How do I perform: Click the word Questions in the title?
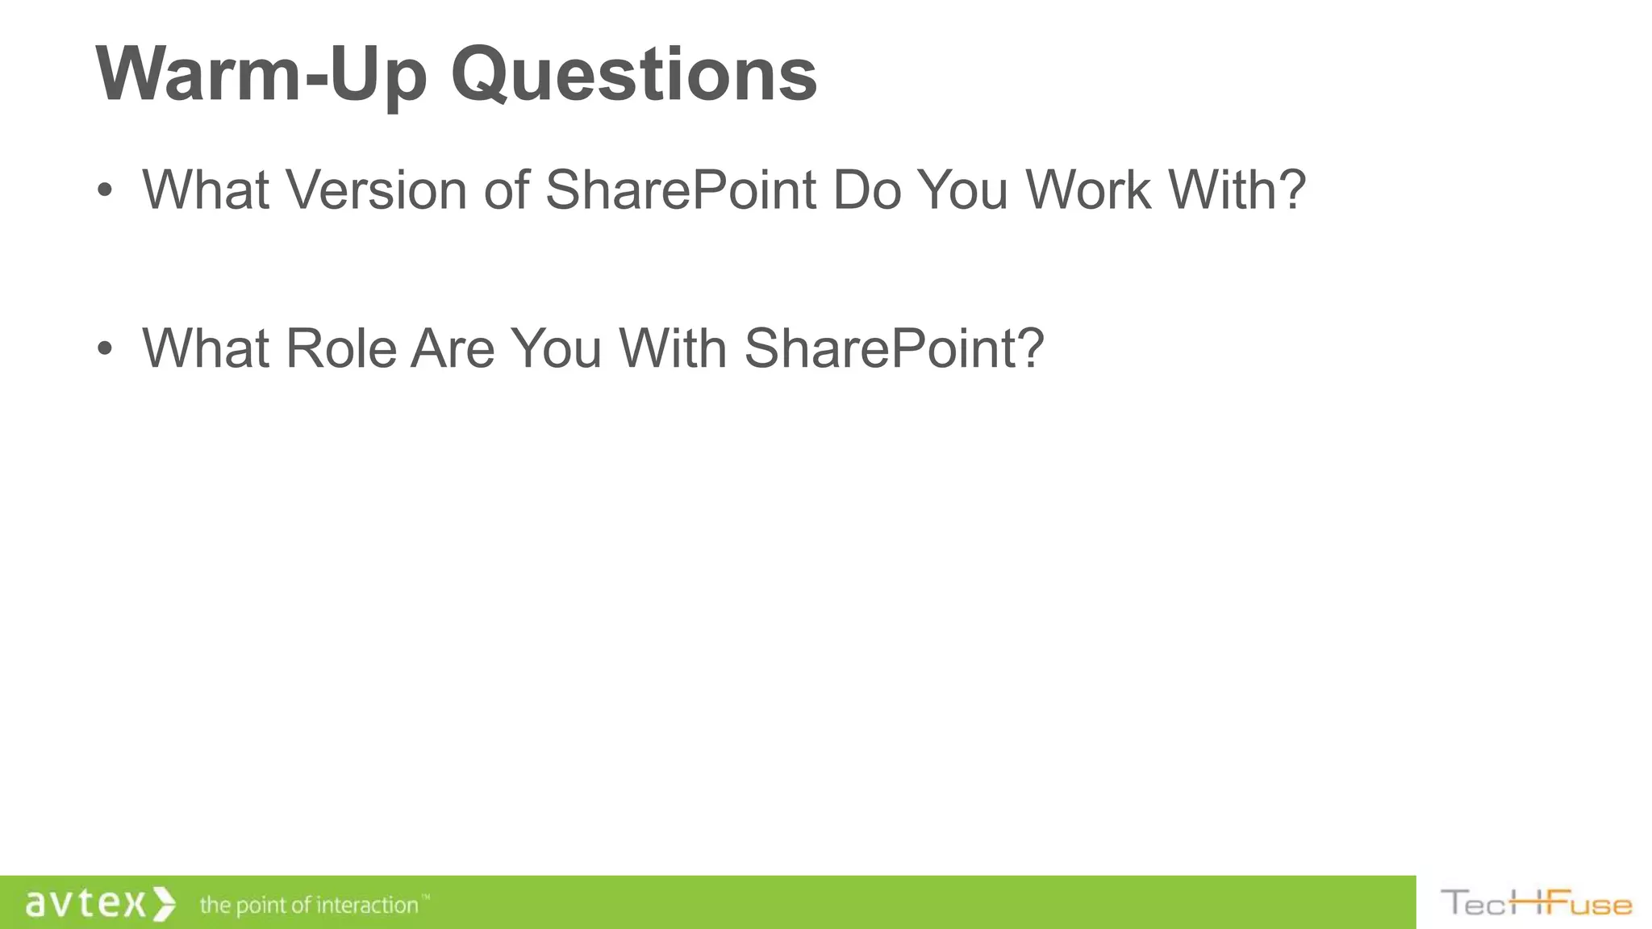(x=634, y=74)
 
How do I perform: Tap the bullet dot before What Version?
(x=104, y=191)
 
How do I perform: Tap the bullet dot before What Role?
(x=104, y=349)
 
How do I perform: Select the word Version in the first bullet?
(x=377, y=190)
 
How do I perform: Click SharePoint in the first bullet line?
(x=681, y=190)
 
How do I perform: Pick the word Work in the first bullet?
(x=1087, y=190)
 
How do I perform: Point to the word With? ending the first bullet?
(x=1237, y=190)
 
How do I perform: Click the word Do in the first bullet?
(x=866, y=190)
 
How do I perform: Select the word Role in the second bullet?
(x=340, y=348)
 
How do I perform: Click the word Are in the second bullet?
(x=453, y=348)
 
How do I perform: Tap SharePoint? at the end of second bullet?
(x=894, y=348)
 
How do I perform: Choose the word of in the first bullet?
(x=507, y=190)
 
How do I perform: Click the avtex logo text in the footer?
(x=86, y=903)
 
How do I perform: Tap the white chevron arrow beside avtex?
(x=164, y=903)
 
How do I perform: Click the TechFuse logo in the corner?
(x=1536, y=903)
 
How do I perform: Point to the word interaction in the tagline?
(x=367, y=905)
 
